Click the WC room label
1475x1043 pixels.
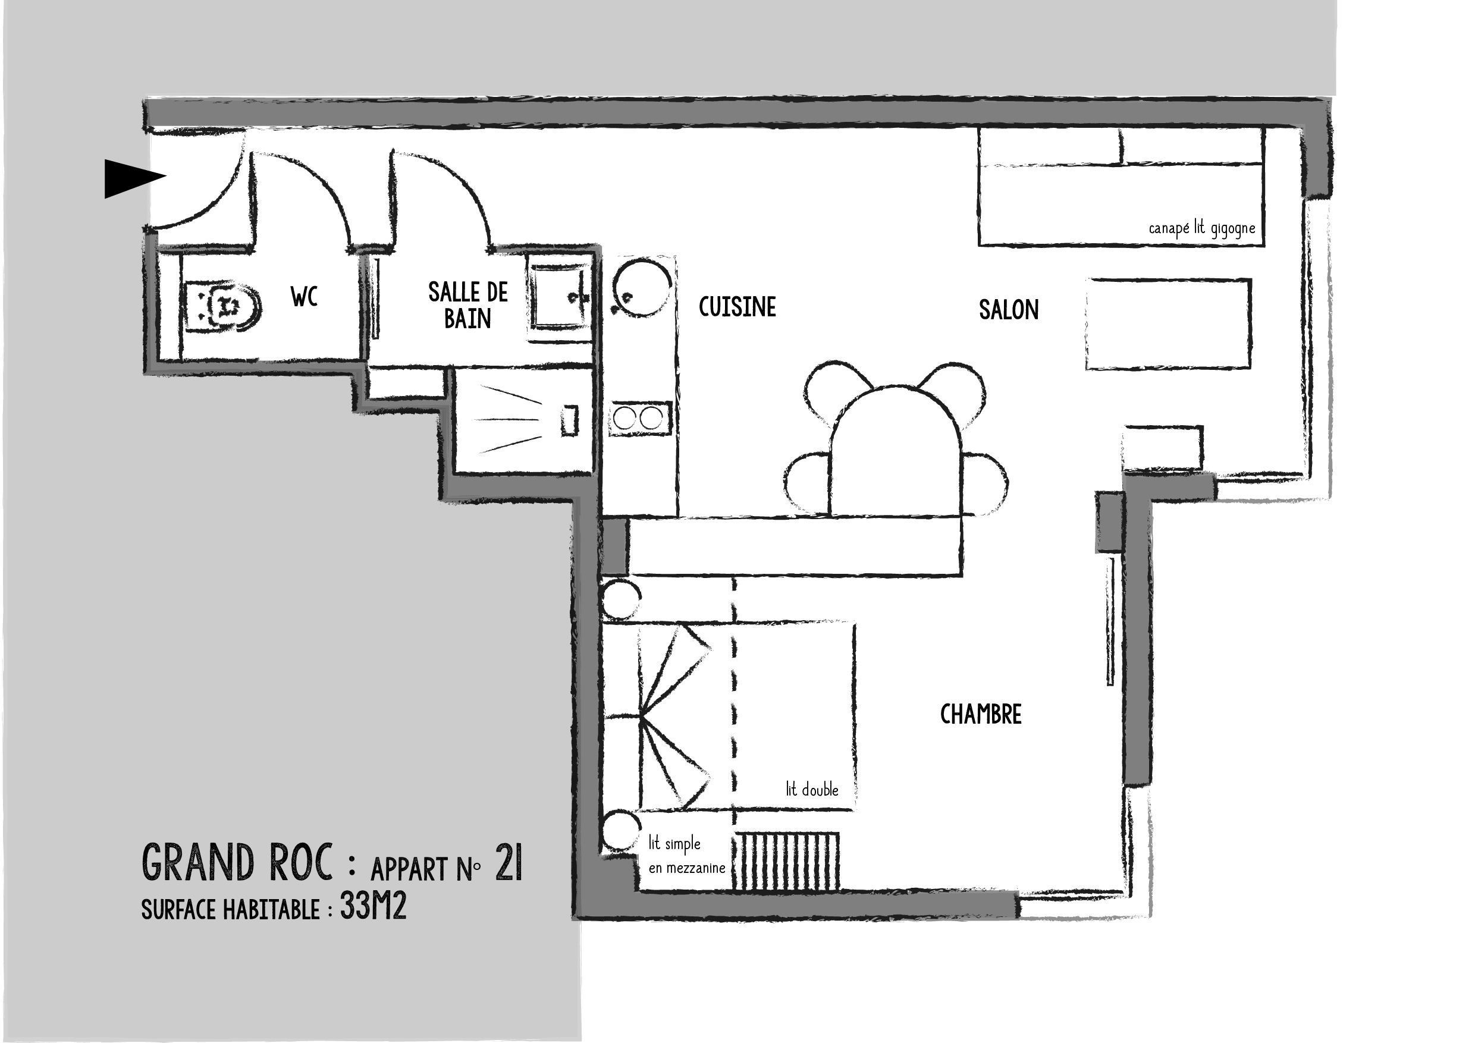pos(304,297)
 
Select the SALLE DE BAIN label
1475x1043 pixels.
pos(467,306)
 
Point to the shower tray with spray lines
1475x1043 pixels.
pos(523,420)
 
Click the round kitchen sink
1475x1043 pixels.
pos(641,287)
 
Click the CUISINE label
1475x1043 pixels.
pos(737,307)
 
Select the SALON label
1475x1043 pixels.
pos(1008,310)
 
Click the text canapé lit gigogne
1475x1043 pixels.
pos(1201,228)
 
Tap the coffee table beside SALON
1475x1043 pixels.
pos(1168,324)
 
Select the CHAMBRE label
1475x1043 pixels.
pos(980,714)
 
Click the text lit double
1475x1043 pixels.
pos(812,789)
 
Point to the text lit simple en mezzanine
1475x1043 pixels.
pos(686,856)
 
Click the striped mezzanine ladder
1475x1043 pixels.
pos(787,860)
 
